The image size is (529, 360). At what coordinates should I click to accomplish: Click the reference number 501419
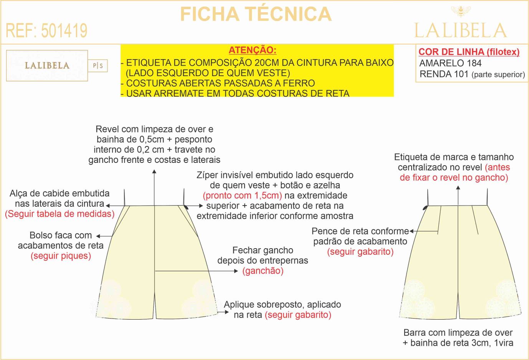[x=64, y=30]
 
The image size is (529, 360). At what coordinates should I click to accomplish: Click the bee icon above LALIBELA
[x=460, y=12]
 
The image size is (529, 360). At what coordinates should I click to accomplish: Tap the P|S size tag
[x=98, y=65]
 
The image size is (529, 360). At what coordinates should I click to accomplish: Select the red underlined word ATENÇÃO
[x=253, y=50]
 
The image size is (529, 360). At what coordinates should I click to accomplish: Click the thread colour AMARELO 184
[x=450, y=63]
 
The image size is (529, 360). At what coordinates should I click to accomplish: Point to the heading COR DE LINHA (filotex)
[x=469, y=52]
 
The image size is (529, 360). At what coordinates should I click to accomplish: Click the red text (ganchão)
[x=263, y=270]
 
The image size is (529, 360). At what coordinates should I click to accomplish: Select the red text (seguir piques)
[x=61, y=256]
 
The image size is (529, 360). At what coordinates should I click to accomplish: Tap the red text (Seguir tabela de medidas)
[x=60, y=214]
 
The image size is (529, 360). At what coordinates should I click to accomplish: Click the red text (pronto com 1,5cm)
[x=243, y=196]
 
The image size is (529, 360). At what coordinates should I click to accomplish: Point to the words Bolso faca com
[x=61, y=235]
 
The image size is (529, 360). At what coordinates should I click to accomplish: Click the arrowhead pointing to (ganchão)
[x=236, y=271]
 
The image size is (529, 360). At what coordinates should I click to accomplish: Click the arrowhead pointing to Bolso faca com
[x=98, y=236]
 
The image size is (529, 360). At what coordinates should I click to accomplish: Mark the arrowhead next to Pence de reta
[x=412, y=231]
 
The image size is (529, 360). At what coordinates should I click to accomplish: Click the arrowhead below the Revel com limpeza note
[x=154, y=171]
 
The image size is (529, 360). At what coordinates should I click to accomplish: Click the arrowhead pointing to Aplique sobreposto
[x=227, y=312]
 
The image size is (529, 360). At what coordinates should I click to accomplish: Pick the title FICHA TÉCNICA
[x=256, y=14]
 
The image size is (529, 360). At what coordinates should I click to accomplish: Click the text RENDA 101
[x=444, y=74]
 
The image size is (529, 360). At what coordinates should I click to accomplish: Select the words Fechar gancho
[x=263, y=250]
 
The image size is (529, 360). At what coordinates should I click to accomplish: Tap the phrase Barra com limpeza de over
[x=458, y=333]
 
